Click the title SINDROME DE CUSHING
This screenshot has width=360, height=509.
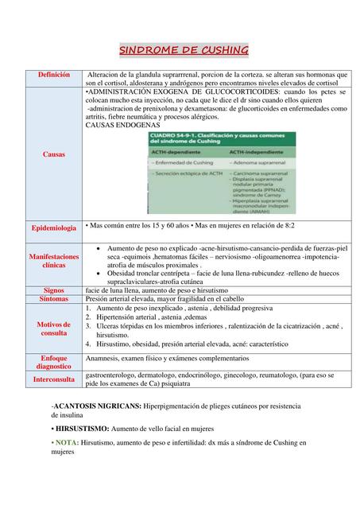(x=184, y=52)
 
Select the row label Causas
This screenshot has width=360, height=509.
(x=54, y=153)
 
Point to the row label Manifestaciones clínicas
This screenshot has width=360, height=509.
(x=54, y=262)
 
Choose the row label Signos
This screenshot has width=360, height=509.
(x=54, y=290)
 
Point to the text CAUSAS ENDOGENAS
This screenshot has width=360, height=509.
(x=122, y=125)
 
